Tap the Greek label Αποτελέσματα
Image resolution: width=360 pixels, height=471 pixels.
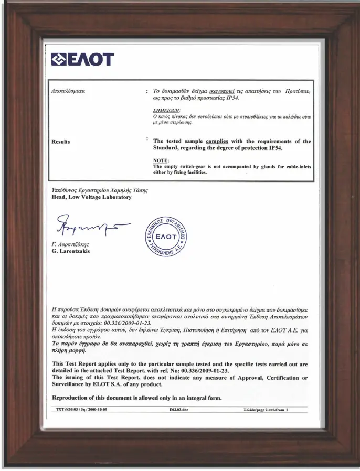(x=68, y=91)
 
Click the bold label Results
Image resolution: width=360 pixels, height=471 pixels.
(x=60, y=142)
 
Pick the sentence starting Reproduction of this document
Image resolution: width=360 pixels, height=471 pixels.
(x=136, y=397)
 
